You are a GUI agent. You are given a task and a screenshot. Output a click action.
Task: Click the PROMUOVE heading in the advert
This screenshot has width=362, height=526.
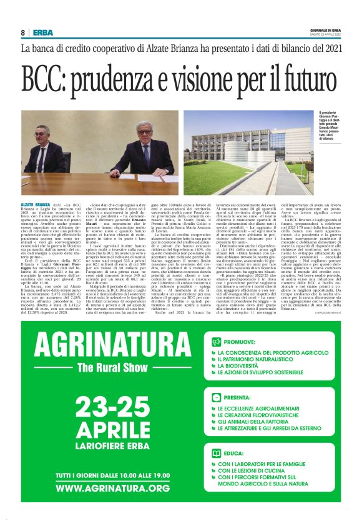click(242, 342)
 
